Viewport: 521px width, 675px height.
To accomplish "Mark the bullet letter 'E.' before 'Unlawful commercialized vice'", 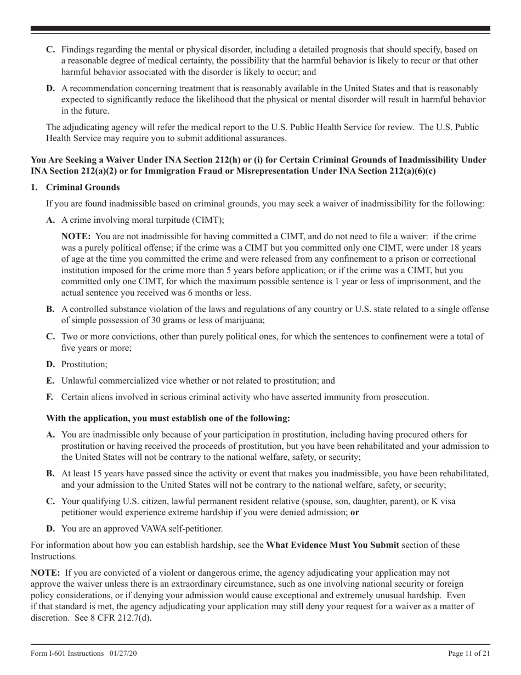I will tap(50, 380).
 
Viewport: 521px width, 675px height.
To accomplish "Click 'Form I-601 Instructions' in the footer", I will tap(67, 653).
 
